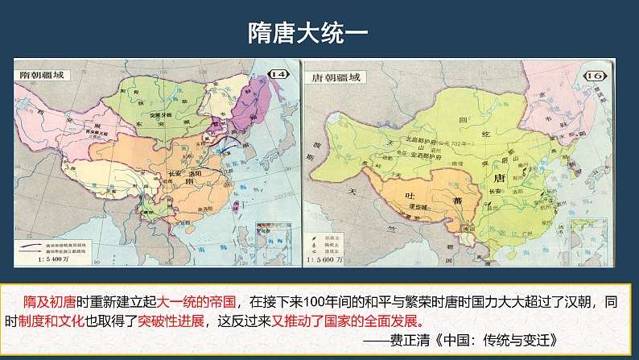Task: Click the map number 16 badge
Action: pyautogui.click(x=596, y=76)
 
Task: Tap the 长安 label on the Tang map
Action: pyautogui.click(x=494, y=190)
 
